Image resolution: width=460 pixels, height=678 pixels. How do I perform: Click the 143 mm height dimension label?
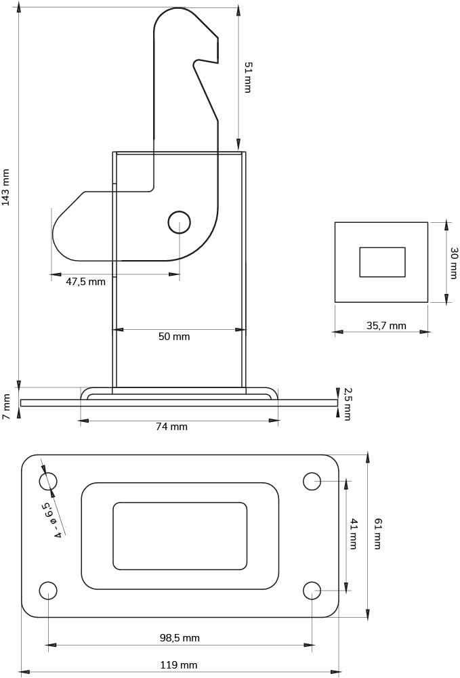point(6,187)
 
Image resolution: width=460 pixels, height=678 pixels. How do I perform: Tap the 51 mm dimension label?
point(248,77)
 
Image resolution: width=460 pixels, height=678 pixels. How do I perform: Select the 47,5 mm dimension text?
point(85,282)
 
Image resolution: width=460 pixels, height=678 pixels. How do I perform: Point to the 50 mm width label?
point(174,337)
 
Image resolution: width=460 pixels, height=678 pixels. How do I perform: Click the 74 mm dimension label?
point(171,427)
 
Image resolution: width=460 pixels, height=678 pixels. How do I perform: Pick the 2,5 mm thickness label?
point(347,404)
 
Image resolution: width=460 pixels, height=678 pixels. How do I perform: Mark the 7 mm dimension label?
point(6,406)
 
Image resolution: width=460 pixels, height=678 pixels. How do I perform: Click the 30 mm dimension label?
point(453,263)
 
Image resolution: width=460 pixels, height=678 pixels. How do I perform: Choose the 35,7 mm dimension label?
point(386,326)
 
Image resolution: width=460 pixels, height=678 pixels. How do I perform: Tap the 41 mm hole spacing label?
point(353,533)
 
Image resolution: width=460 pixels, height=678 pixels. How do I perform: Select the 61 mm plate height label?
point(377,533)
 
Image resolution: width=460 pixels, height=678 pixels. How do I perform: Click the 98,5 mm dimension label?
point(180,638)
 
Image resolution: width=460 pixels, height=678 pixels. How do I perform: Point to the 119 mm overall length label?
point(179,665)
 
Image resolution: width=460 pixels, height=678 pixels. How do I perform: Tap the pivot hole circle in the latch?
point(179,222)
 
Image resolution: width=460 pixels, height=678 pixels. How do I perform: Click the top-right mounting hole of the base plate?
point(312,482)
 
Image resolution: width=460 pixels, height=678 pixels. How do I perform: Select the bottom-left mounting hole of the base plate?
point(48,591)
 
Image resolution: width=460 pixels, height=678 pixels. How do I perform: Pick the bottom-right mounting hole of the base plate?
point(312,591)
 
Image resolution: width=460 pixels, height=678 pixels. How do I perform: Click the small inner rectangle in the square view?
point(382,262)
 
